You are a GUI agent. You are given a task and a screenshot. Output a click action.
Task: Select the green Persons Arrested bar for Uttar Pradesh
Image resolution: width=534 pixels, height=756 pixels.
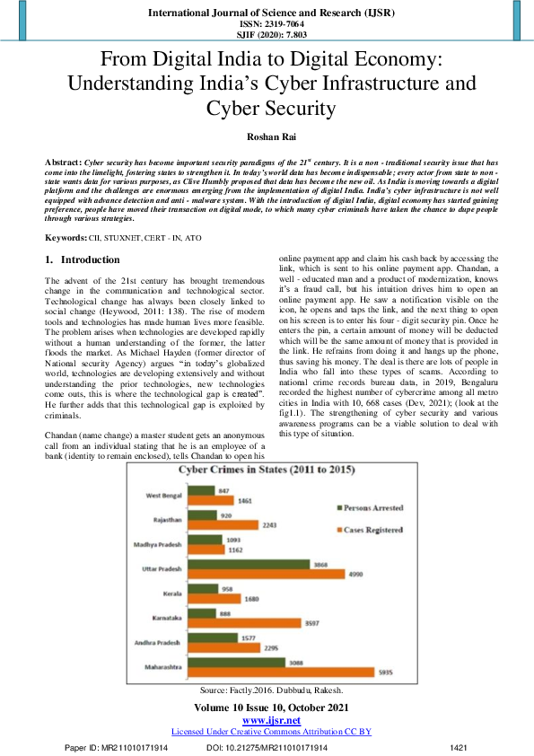point(263,563)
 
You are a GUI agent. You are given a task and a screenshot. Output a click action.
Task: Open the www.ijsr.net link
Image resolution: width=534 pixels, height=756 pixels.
point(267,720)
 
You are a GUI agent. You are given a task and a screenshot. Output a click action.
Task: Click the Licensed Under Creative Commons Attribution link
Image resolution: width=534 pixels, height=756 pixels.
point(267,732)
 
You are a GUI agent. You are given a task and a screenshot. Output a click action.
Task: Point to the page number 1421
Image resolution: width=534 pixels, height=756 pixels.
point(459,747)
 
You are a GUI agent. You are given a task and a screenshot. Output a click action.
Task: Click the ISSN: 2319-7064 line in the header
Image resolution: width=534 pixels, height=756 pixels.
point(267,24)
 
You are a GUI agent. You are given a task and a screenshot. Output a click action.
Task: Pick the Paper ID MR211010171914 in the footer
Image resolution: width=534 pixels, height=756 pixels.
point(118,747)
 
